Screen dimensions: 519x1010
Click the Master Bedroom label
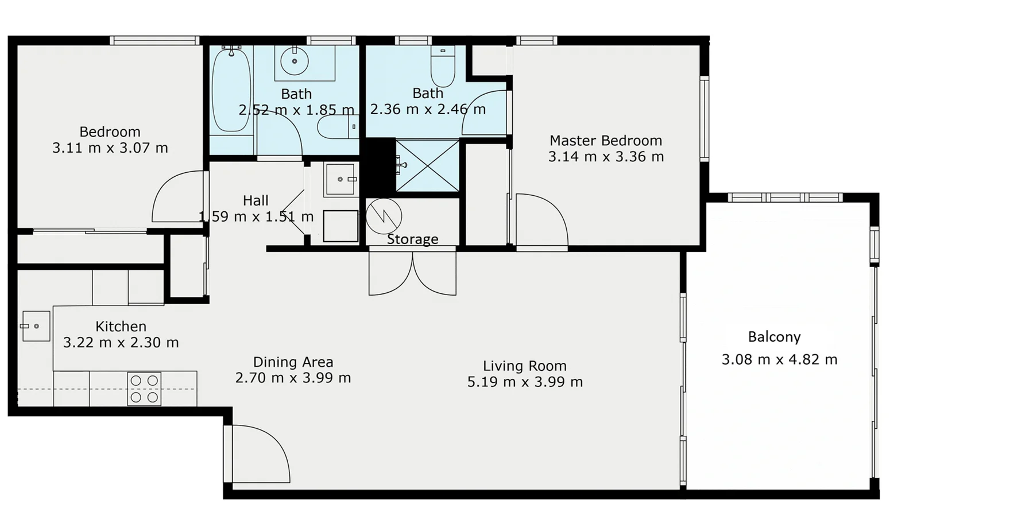(x=605, y=141)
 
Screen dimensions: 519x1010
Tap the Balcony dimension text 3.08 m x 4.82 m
(x=779, y=360)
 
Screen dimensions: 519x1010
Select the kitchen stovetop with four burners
(x=144, y=389)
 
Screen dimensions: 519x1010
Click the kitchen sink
(x=36, y=326)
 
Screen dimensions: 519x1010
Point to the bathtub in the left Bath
(x=231, y=91)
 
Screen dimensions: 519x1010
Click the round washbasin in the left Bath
(x=295, y=61)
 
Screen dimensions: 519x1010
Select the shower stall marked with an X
(x=428, y=166)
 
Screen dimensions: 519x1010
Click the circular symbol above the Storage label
(x=384, y=216)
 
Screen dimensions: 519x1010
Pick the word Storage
(x=412, y=239)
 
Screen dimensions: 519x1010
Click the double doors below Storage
(x=412, y=274)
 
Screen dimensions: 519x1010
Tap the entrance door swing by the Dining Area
(x=258, y=454)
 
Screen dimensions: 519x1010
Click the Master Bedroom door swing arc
(x=541, y=221)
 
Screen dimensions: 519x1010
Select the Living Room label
(x=524, y=366)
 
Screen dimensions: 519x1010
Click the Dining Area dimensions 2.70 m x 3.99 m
(x=293, y=378)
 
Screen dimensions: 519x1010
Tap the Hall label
(x=256, y=201)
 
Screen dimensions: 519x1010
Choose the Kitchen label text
(x=121, y=327)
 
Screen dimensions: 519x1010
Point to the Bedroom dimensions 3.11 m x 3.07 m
(x=110, y=148)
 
